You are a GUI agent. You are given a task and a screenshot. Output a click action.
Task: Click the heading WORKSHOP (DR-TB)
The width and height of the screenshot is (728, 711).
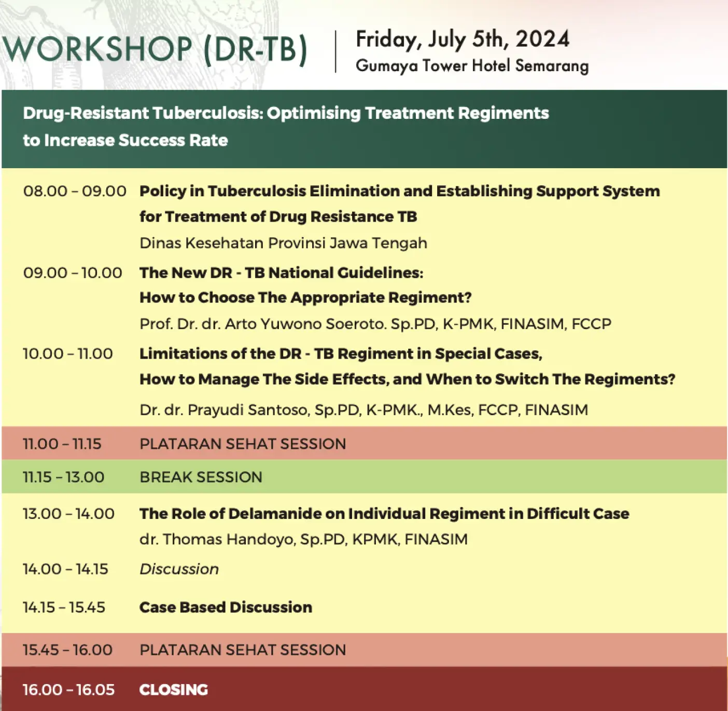pos(155,49)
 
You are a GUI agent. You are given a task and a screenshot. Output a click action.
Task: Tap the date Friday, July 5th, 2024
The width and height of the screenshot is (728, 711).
pos(463,39)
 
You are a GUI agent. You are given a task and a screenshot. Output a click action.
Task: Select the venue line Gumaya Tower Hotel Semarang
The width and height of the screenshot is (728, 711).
pos(472,66)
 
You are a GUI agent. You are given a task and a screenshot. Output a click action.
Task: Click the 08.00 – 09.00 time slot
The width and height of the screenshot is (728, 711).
pos(75,191)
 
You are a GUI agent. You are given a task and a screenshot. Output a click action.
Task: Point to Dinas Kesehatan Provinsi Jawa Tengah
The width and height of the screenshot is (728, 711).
pos(283,243)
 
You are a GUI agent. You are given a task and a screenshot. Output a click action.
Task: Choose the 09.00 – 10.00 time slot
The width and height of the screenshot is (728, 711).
pos(73,272)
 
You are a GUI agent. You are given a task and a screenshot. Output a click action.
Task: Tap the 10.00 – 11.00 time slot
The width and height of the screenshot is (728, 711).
pos(68,354)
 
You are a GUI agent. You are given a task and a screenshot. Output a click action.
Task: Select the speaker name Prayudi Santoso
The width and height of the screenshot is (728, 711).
pos(248,410)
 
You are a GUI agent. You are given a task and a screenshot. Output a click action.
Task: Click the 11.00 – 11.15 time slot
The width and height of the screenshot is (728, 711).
pos(62,444)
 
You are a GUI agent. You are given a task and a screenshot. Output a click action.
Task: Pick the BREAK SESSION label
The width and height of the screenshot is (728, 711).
pos(201,477)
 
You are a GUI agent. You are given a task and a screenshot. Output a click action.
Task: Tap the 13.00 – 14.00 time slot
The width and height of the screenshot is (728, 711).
pos(69,514)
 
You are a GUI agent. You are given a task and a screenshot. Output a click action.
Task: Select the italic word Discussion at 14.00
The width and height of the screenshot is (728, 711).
pos(179,569)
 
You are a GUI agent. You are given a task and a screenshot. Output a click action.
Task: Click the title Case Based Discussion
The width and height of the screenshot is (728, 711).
pos(226,607)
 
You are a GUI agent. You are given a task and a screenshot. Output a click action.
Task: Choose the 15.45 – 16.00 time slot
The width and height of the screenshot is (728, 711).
pos(68,650)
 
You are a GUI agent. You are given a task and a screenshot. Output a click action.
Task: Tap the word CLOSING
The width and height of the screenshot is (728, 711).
pos(174,690)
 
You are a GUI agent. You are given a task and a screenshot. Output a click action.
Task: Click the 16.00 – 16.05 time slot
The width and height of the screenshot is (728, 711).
pos(69,690)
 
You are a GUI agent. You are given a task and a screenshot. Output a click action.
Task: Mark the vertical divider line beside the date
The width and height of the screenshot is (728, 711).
pos(335,52)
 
